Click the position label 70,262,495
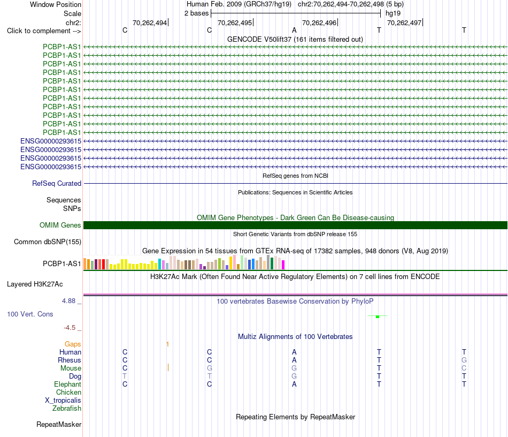[235, 22]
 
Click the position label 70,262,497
[404, 22]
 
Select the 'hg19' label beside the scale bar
[393, 13]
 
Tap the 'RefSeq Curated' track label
[57, 183]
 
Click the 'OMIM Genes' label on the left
[60, 225]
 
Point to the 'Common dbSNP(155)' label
[48, 242]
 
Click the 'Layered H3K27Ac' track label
[35, 284]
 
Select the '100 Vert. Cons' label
[30, 314]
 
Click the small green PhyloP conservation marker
[378, 317]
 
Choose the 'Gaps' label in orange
[73, 344]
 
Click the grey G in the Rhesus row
[464, 360]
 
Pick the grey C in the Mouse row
[464, 368]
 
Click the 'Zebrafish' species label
[67, 408]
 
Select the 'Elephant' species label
[68, 384]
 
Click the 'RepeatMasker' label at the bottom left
[59, 424]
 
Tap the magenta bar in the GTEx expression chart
[283, 265]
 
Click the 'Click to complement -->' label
[44, 31]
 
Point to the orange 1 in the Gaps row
[167, 344]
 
